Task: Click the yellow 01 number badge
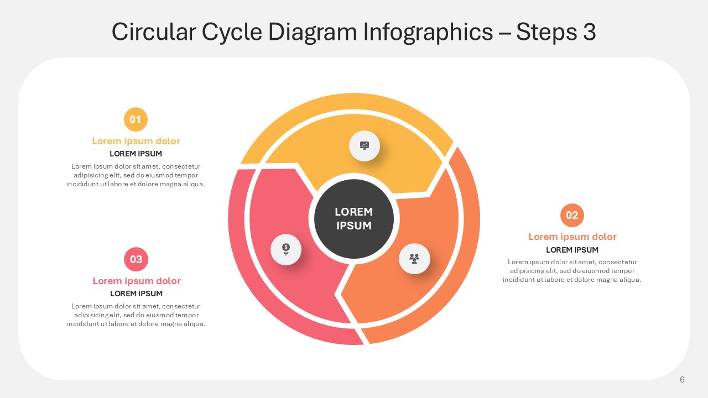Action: pyautogui.click(x=136, y=119)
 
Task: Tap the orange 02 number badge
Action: pyautogui.click(x=572, y=215)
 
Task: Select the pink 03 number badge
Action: pyautogui.click(x=136, y=259)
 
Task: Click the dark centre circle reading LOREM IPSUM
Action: pyautogui.click(x=354, y=219)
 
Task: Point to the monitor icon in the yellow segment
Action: pyautogui.click(x=365, y=145)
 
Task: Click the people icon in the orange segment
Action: pyautogui.click(x=414, y=259)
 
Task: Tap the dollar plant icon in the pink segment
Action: pyautogui.click(x=286, y=249)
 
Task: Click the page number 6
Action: pyautogui.click(x=682, y=380)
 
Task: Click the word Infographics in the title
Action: pyautogui.click(x=428, y=32)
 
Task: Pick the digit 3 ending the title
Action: pyautogui.click(x=590, y=32)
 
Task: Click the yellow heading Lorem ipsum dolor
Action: pyautogui.click(x=136, y=141)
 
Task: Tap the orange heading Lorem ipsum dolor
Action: pyautogui.click(x=572, y=237)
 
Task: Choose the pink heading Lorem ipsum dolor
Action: pyautogui.click(x=137, y=281)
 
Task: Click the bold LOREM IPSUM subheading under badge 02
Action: pyautogui.click(x=572, y=250)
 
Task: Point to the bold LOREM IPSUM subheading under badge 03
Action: pyautogui.click(x=136, y=294)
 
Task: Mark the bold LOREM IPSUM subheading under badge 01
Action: pyautogui.click(x=136, y=154)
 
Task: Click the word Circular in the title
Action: pyautogui.click(x=154, y=32)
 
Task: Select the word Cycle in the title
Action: pyautogui.click(x=232, y=32)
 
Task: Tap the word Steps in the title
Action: pyautogui.click(x=546, y=32)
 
